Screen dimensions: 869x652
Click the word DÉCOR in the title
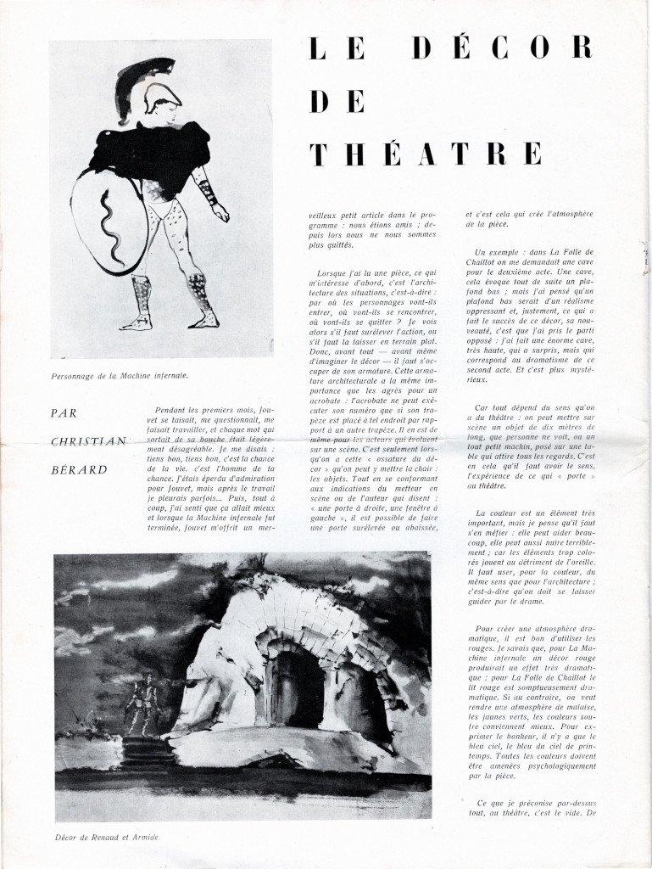[502, 49]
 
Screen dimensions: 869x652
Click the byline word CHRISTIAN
[88, 440]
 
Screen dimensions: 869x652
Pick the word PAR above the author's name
[64, 413]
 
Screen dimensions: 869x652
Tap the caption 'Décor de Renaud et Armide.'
[107, 837]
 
